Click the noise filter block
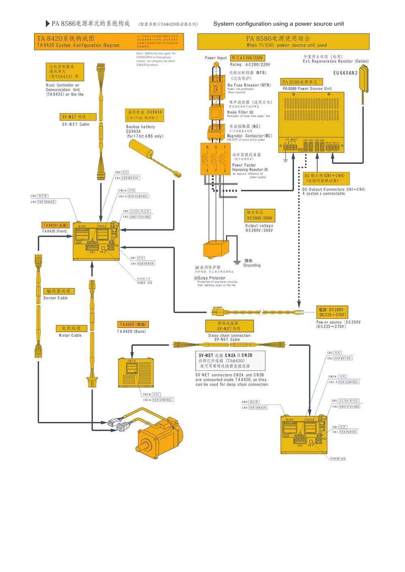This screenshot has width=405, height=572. tap(216, 112)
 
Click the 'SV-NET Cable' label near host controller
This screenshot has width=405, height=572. tap(76, 124)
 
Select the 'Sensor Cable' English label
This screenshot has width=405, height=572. tap(56, 298)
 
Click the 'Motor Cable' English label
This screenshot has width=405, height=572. tap(70, 335)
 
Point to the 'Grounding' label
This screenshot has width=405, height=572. tap(252, 265)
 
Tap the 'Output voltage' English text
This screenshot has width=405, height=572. tap(259, 226)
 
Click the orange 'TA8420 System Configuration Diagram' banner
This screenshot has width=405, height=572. tap(109, 42)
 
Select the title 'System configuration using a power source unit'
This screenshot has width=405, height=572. tap(279, 24)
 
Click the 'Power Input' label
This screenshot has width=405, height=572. tap(216, 58)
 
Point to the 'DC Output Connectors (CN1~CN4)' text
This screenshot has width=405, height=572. tap(334, 189)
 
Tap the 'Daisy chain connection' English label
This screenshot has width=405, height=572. tap(230, 335)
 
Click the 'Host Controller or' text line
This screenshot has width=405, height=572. tap(63, 85)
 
